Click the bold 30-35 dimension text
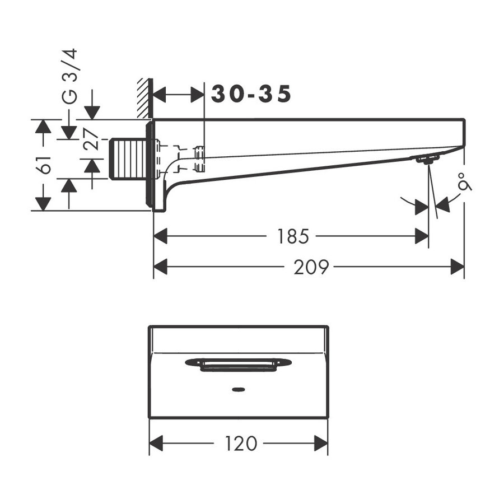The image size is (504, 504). coord(251,95)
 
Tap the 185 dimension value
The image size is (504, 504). coord(292,236)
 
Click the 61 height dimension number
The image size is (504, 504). coord(45,165)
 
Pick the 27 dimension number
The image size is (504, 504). coord(92,140)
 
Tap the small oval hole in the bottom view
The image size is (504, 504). coord(238,388)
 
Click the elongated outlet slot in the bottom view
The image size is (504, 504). coord(238,364)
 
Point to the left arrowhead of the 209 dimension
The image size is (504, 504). coord(160,268)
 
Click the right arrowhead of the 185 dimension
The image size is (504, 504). coord(422,236)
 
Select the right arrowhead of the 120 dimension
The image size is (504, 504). coord(321,444)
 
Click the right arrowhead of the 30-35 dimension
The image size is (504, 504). coord(198,95)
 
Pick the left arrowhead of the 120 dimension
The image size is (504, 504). coord(156,444)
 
